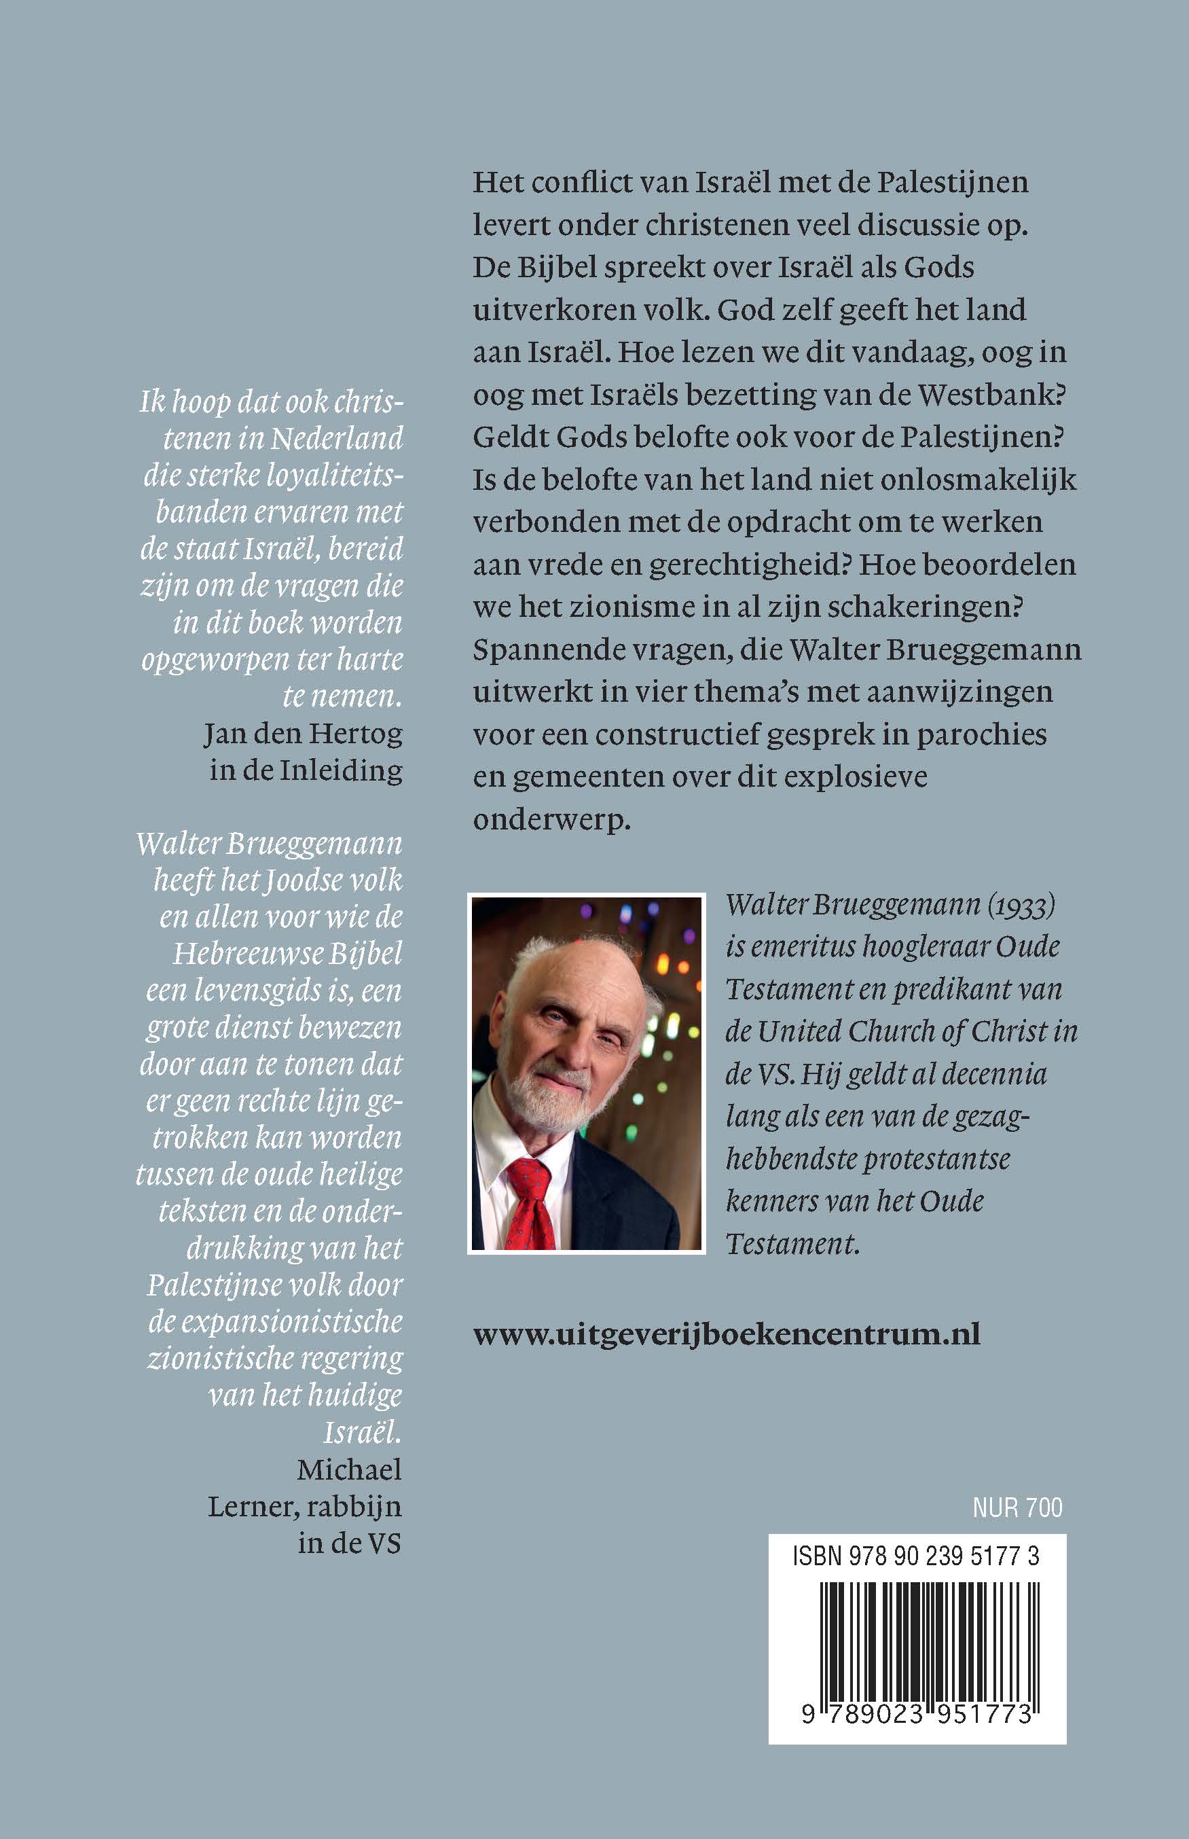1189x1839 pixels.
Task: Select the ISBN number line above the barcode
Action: pos(915,1556)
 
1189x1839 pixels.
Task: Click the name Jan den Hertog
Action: pos(304,733)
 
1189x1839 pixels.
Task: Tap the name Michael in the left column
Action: pos(349,1469)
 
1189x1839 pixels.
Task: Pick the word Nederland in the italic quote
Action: pos(337,438)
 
